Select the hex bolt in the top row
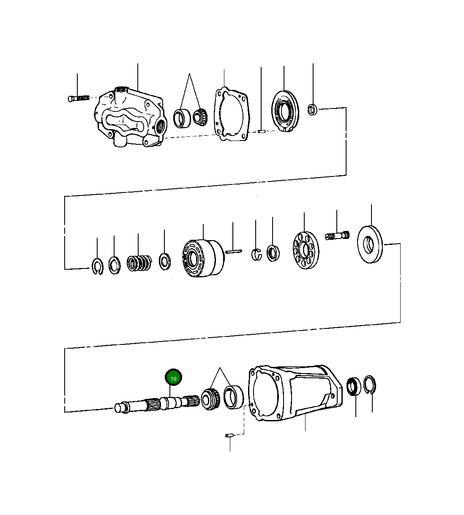[x=79, y=98]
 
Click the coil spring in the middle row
[x=139, y=263]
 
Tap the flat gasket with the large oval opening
[x=231, y=114]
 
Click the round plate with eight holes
[x=306, y=250]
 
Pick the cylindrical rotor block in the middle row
[x=203, y=258]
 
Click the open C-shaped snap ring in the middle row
[x=98, y=266]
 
